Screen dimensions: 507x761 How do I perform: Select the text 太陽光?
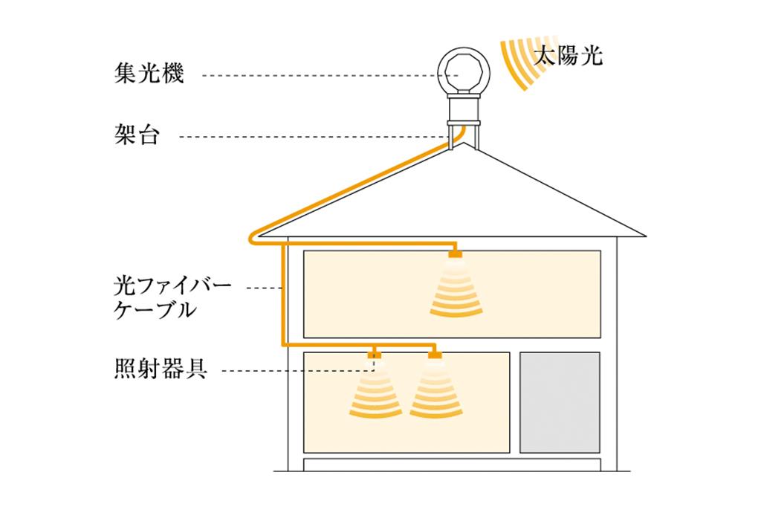pyautogui.click(x=568, y=56)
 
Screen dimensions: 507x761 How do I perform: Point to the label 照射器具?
pyautogui.click(x=161, y=369)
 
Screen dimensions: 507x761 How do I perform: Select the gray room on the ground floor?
pyautogui.click(x=559, y=402)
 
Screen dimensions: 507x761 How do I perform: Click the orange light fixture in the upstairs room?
pyautogui.click(x=455, y=255)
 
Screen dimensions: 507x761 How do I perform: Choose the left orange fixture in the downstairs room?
pyautogui.click(x=375, y=355)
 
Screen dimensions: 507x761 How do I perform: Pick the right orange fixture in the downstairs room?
pyautogui.click(x=435, y=355)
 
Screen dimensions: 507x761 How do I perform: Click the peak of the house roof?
pyautogui.click(x=463, y=143)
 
